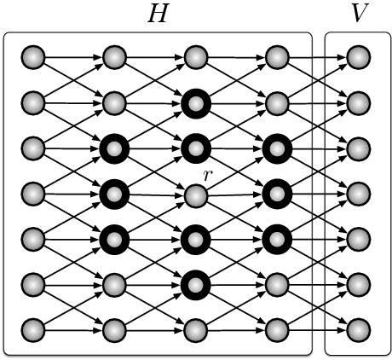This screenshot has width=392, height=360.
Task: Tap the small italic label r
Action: pos(207,174)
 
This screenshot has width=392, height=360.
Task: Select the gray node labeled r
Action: pos(195,195)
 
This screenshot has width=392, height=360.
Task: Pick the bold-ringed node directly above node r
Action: pos(195,150)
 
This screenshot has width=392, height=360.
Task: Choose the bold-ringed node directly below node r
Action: pos(195,238)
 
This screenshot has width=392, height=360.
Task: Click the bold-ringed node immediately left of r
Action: pos(113,195)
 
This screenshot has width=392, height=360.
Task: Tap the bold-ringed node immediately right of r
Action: pos(276,195)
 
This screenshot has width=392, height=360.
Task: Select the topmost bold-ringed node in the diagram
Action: pos(195,104)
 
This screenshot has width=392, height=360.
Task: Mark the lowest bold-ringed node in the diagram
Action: pos(195,283)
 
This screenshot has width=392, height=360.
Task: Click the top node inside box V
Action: pos(359,58)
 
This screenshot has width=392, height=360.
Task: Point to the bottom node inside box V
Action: pos(359,328)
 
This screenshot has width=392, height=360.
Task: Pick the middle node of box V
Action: pos(359,195)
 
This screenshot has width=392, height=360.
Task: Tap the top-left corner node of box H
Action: pos(32,58)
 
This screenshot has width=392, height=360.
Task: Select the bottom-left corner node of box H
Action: pos(32,328)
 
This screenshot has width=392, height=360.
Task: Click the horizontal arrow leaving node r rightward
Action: pos(235,195)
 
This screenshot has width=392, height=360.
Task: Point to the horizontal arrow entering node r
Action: pos(155,195)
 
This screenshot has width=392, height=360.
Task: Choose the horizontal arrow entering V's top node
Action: pos(317,58)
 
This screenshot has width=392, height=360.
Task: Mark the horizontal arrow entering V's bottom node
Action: pos(317,328)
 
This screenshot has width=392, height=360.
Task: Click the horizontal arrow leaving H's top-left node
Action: pos(72,58)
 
